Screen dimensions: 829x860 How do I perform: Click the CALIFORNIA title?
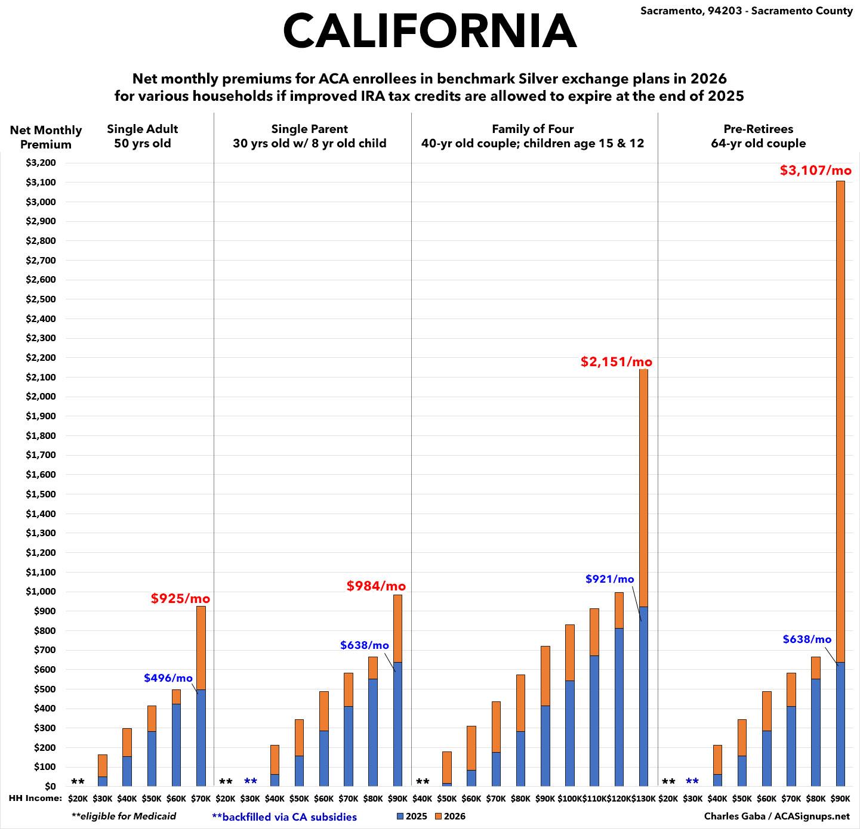click(430, 31)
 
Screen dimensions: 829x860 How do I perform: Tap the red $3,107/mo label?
click(816, 171)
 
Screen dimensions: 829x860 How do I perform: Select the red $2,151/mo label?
click(617, 362)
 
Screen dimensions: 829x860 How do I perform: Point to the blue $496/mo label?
click(168, 678)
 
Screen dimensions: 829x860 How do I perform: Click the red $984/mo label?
click(376, 586)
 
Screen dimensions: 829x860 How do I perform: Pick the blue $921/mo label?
click(609, 579)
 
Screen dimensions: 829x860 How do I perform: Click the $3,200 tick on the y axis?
click(41, 163)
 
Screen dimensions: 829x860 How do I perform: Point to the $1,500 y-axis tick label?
click(41, 494)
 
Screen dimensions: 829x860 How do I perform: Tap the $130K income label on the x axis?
click(643, 799)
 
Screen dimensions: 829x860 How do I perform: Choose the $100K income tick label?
click(569, 799)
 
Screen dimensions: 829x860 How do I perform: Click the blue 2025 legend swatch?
click(400, 816)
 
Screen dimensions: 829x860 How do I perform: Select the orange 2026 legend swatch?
click(438, 816)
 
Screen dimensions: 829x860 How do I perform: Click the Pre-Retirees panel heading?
click(758, 136)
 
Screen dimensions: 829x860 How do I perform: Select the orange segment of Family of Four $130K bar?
click(643, 489)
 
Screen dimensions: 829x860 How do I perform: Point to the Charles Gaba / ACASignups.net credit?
click(776, 816)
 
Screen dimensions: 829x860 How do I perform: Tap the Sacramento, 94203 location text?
click(747, 11)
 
